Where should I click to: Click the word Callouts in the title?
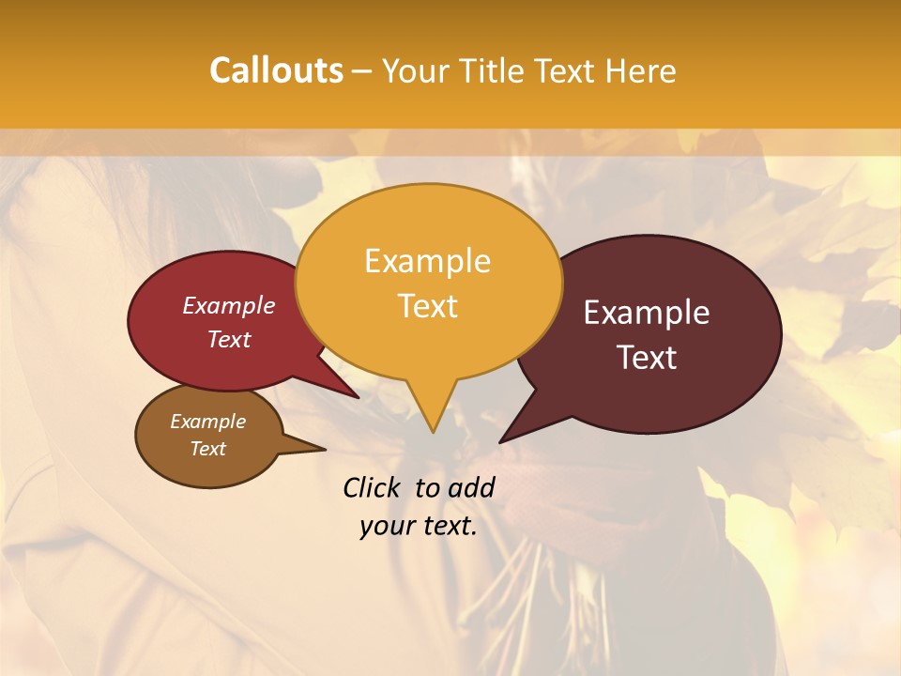[x=276, y=70]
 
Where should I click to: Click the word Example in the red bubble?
[x=229, y=306]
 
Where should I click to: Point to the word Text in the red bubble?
[x=229, y=339]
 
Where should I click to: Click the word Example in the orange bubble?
[x=427, y=261]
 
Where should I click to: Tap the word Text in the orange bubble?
[x=427, y=306]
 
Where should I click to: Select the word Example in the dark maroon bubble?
[x=647, y=313]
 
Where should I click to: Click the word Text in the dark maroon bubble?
[x=647, y=358]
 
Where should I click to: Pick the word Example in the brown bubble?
[x=207, y=422]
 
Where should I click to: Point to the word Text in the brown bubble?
[x=207, y=449]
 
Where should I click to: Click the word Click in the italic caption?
[x=373, y=487]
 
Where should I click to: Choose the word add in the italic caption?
[x=471, y=487]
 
